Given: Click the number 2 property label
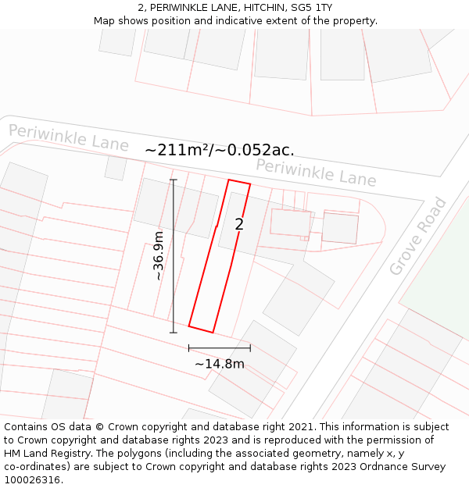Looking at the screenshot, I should pyautogui.click(x=239, y=225).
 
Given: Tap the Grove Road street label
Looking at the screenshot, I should pyautogui.click(x=418, y=236).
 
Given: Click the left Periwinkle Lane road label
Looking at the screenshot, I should pyautogui.click(x=69, y=137).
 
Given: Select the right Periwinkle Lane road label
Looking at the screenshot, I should pyautogui.click(x=316, y=172).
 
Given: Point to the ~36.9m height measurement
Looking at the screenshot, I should pyautogui.click(x=158, y=256).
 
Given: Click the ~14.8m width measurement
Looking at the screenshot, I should pyautogui.click(x=219, y=364).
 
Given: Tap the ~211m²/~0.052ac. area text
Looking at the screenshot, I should pyautogui.click(x=220, y=150).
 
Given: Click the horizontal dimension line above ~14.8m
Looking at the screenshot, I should pyautogui.click(x=219, y=347).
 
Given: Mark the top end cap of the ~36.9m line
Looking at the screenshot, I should pyautogui.click(x=174, y=180).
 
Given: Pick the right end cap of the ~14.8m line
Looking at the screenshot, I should pyautogui.click(x=250, y=347).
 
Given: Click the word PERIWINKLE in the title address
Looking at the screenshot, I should pyautogui.click(x=181, y=7).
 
